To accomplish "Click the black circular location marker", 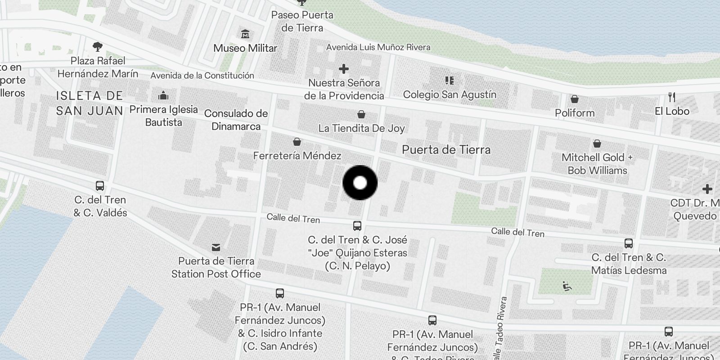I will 360,183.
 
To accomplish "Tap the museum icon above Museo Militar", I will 245,34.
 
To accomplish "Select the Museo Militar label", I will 245,48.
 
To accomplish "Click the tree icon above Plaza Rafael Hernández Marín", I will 97,46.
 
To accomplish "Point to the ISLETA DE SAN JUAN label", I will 90,103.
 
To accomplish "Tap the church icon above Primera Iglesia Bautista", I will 163,95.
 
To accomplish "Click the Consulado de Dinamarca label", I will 236,120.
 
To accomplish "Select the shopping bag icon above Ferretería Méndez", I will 297,142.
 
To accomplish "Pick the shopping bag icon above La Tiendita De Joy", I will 361,114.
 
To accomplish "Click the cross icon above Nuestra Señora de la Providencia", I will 344,69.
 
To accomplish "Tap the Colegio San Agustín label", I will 450,94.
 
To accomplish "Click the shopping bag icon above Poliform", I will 574,99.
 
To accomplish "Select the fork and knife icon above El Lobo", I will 672,97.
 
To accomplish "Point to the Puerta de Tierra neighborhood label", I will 446,150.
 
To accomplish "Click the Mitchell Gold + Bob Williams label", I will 597,164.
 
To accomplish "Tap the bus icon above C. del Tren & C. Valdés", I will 100,186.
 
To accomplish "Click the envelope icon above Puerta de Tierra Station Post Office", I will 216,247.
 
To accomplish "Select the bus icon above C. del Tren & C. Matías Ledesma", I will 629,243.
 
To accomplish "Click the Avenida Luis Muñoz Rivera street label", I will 378,47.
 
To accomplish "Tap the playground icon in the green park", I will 567,286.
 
